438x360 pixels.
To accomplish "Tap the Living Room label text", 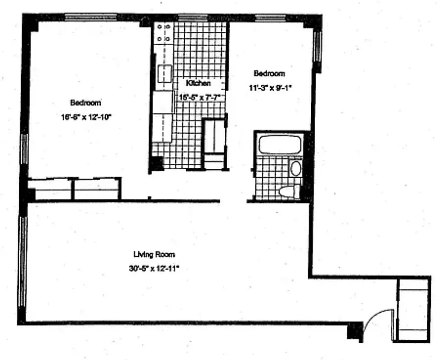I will (x=154, y=254).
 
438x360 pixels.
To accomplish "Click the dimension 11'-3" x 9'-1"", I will (x=270, y=88).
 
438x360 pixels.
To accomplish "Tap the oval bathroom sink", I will (x=295, y=168).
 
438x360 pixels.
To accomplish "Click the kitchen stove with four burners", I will (x=163, y=34).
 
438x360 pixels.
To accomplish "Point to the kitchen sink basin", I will (x=165, y=72).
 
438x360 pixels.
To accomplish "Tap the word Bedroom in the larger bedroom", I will (x=85, y=102).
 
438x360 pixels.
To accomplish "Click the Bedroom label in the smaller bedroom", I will (x=269, y=73).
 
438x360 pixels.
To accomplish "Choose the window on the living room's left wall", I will (x=21, y=261).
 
